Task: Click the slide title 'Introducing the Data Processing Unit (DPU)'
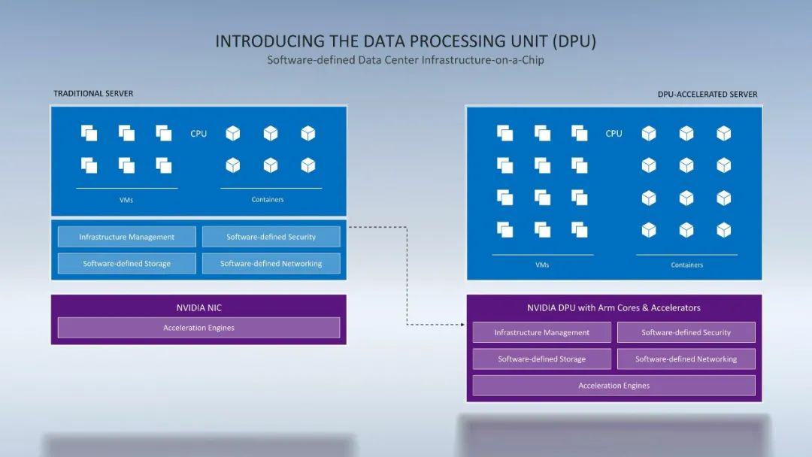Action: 405,41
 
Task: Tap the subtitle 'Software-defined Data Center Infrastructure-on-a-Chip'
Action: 405,60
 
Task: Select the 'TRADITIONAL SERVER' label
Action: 93,94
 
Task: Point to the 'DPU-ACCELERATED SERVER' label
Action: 707,94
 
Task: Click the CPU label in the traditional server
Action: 198,134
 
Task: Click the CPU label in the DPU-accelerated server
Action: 614,134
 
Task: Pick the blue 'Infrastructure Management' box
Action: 127,237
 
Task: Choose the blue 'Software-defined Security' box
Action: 271,237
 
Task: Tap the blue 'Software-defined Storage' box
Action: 127,263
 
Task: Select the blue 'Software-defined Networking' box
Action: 271,263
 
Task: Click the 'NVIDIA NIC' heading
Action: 198,307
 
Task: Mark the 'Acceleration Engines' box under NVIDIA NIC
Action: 198,328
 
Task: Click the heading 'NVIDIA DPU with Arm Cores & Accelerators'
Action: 614,307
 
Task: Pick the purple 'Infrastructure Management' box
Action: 541,332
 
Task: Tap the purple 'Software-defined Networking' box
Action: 686,359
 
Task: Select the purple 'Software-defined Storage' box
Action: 541,359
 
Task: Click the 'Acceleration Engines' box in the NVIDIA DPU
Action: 614,386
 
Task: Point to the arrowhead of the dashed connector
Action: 463,325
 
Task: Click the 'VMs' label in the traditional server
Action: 126,200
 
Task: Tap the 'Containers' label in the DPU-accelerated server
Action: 686,265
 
